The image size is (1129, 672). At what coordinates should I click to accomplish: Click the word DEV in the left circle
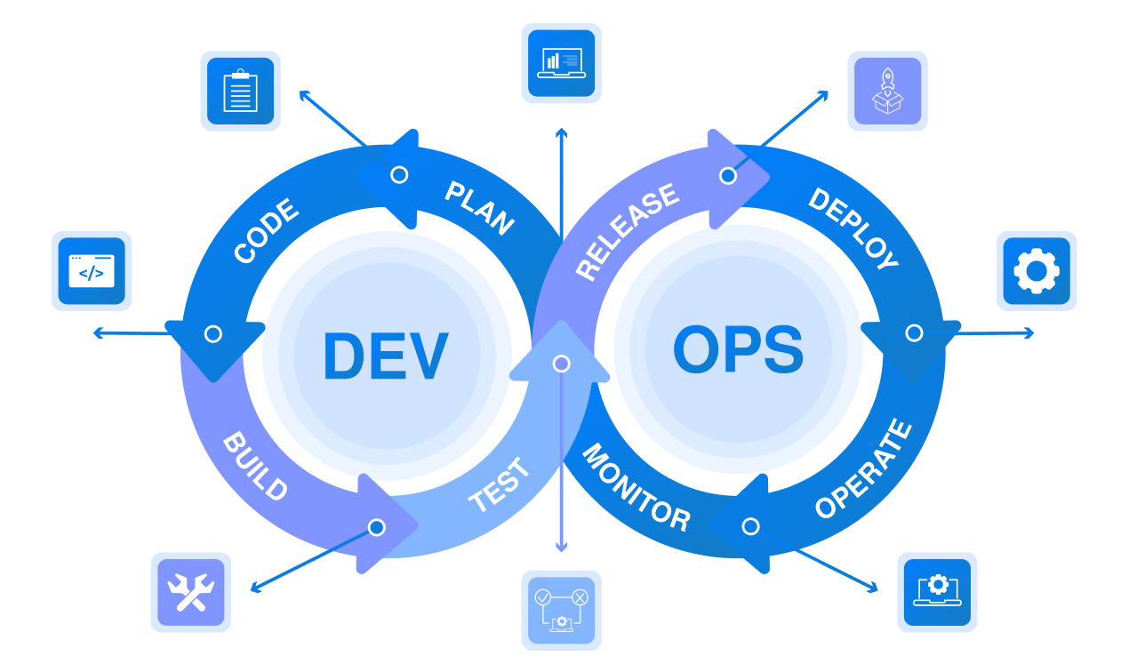[x=385, y=356]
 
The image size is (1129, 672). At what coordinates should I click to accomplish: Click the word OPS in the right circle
[x=738, y=350]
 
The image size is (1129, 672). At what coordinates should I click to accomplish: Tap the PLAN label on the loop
[x=479, y=208]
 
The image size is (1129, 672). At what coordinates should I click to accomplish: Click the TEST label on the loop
[x=500, y=485]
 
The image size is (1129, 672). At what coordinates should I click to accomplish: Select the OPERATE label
[x=863, y=468]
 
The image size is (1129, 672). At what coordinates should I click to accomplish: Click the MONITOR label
[x=636, y=488]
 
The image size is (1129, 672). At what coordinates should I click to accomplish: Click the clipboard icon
[x=240, y=91]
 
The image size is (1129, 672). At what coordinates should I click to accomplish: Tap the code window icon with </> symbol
[x=92, y=271]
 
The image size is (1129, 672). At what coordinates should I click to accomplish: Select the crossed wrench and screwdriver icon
[x=190, y=592]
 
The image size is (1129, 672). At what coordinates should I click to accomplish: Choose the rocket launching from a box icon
[x=886, y=91]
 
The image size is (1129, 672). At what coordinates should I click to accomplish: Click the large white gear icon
[x=1036, y=271]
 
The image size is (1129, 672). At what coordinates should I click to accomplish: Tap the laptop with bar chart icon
[x=561, y=62]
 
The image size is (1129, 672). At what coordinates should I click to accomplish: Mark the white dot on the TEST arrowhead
[x=561, y=364]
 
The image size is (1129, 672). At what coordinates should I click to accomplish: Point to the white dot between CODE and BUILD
[x=212, y=333]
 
